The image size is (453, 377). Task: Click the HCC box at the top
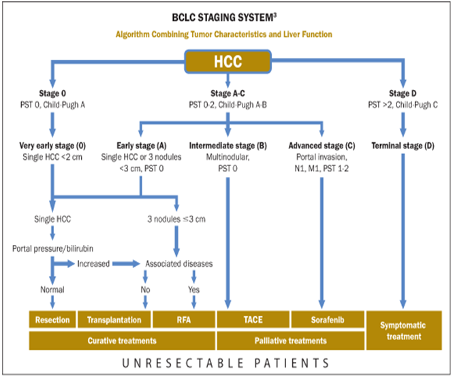(225, 61)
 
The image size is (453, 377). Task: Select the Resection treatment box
(52, 319)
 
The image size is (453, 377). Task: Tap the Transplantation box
(114, 319)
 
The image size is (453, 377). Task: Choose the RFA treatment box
(183, 319)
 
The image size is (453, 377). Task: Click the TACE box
(252, 319)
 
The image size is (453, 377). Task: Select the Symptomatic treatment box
(403, 330)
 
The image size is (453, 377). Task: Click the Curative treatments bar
(121, 340)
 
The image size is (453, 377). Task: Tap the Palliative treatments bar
(290, 340)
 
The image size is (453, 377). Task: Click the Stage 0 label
(52, 93)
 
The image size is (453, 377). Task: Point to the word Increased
(93, 263)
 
